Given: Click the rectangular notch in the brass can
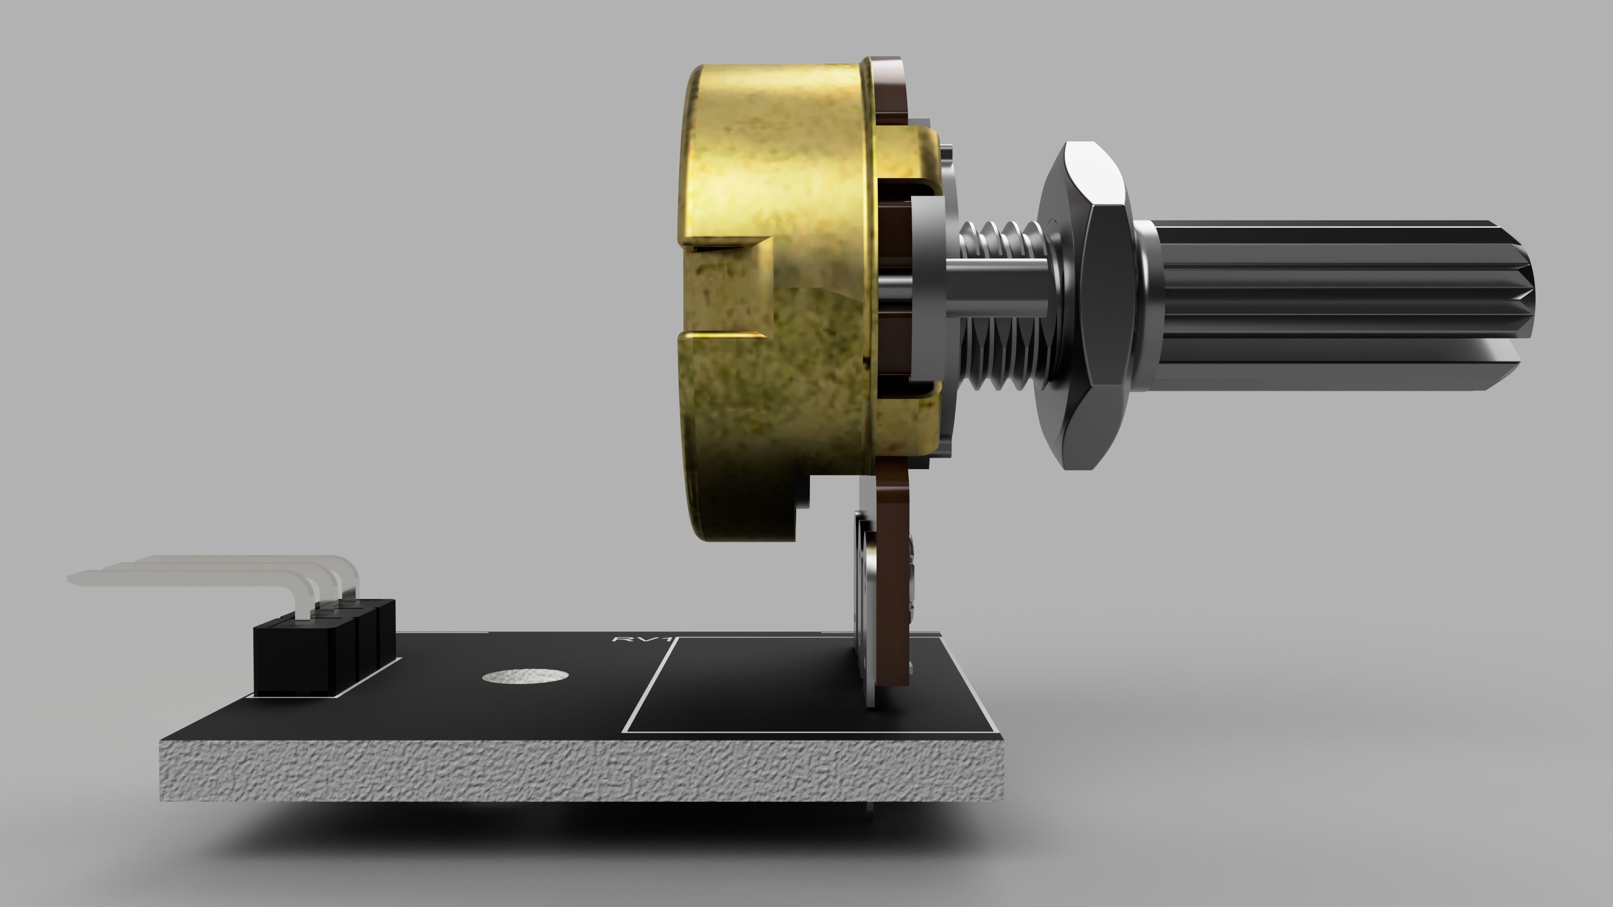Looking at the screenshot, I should tap(726, 288).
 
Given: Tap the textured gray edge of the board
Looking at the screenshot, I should tap(564, 770).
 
